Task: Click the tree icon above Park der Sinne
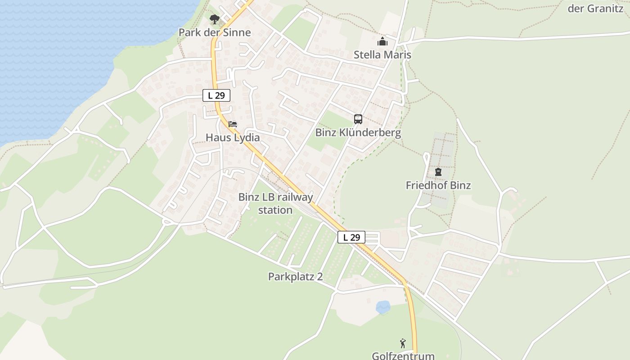tap(215, 19)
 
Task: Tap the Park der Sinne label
tap(215, 32)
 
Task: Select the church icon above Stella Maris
tap(382, 42)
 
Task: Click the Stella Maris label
tap(382, 55)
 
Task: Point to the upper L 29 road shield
tap(216, 95)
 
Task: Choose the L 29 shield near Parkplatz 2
tap(351, 237)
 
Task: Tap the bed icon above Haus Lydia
tap(233, 124)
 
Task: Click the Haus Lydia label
tap(233, 138)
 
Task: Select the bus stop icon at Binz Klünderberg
tap(358, 119)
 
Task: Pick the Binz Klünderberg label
tap(358, 133)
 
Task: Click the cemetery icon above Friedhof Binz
tap(438, 172)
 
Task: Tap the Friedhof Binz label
tap(438, 185)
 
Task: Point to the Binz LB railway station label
tap(275, 203)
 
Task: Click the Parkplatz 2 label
tap(296, 276)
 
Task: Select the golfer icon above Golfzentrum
tap(403, 344)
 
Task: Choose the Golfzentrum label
tap(403, 355)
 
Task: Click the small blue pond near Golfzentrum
tap(383, 307)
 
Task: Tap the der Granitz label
tap(596, 8)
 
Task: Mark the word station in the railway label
tap(275, 210)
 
